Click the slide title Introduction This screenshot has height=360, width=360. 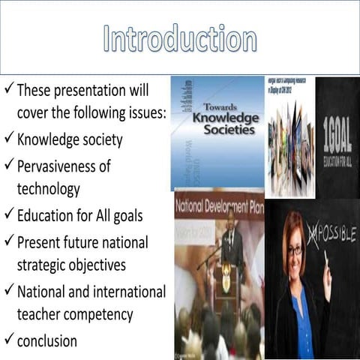pyautogui.click(x=179, y=39)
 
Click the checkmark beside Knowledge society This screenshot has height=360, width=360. pyautogui.click(x=8, y=139)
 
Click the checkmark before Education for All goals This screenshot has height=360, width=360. pyautogui.click(x=8, y=216)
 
